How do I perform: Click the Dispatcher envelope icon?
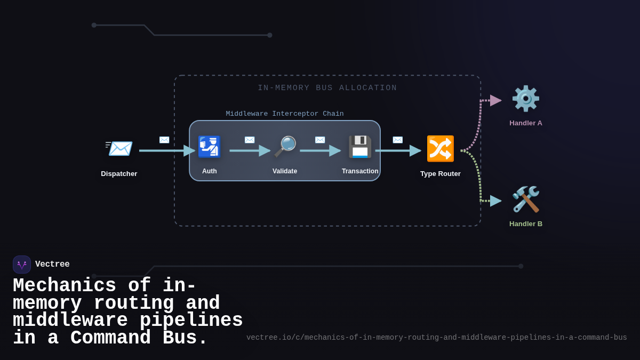click(119, 148)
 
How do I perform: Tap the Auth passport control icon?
click(209, 147)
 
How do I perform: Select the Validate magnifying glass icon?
click(285, 147)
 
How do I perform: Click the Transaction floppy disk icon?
click(360, 147)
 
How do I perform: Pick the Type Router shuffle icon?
click(440, 148)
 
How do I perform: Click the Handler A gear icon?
click(525, 99)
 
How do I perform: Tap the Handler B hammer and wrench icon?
click(525, 199)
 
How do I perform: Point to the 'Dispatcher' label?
click(119, 173)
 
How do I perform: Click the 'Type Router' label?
click(440, 173)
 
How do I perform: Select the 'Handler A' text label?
click(525, 123)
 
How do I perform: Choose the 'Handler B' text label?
click(525, 224)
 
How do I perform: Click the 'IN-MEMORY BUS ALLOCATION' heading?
click(327, 88)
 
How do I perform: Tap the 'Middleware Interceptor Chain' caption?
click(284, 114)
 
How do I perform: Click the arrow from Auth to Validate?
click(250, 151)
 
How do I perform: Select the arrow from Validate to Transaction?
click(320, 151)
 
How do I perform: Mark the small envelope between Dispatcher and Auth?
click(164, 140)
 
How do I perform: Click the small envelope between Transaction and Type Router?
click(398, 140)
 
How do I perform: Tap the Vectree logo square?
click(22, 265)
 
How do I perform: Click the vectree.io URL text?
click(436, 338)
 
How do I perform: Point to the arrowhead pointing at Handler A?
click(495, 100)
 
